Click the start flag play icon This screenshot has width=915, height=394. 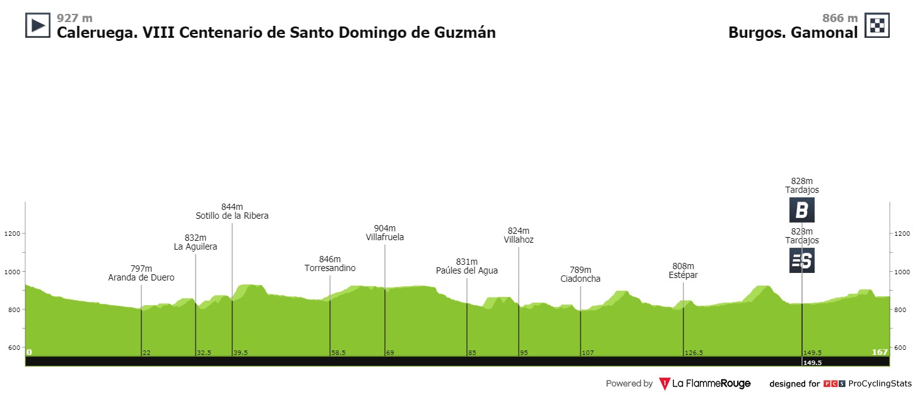point(37,25)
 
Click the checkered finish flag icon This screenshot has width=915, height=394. point(877,25)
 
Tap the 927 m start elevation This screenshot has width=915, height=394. point(74,18)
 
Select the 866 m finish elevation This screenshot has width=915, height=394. point(840,18)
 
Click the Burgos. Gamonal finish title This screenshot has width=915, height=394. point(793,33)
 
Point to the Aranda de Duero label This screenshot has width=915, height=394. point(141,277)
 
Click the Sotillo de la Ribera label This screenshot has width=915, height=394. point(232,216)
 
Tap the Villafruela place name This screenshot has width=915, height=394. point(384,238)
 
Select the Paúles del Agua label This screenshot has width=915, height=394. point(467,271)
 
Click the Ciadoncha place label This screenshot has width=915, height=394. point(580,279)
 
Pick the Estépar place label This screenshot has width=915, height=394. point(683,275)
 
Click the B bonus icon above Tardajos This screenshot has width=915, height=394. point(801,210)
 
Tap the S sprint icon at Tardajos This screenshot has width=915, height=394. point(801,260)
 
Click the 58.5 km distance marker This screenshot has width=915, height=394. point(338,353)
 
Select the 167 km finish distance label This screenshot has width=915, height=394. point(880,352)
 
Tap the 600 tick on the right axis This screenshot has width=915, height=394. point(900,347)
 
